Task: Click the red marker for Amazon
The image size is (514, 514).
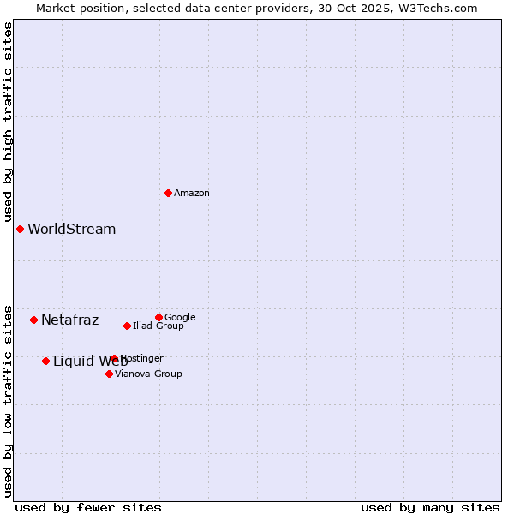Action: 168,193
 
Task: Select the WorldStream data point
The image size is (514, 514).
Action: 20,229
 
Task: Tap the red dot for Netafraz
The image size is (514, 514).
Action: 33,320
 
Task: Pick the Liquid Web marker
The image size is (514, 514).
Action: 45,361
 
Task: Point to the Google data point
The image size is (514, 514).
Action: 158,317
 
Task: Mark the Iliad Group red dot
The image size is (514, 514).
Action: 127,326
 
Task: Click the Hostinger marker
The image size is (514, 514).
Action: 114,358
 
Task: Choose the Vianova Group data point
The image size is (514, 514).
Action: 109,374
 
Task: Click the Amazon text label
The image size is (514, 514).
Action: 192,194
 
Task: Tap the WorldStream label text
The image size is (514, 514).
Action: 71,230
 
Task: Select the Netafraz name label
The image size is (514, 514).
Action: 69,320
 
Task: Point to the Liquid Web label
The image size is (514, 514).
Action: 90,362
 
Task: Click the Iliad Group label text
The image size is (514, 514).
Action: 158,326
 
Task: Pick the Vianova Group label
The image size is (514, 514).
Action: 148,374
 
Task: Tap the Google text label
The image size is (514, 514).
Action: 180,318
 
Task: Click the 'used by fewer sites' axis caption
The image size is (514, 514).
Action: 88,507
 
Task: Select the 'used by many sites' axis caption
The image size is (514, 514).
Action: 430,507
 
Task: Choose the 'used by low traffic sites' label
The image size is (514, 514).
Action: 8,400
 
